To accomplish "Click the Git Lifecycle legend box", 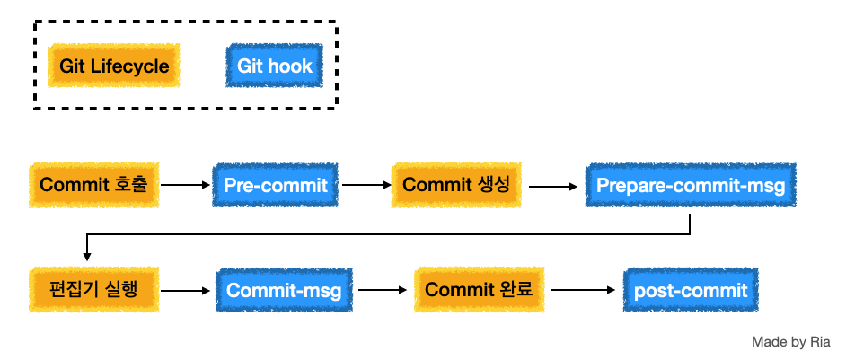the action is pyautogui.click(x=113, y=66).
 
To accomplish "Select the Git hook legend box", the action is pyautogui.click(x=274, y=66).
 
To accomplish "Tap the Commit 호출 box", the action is pyautogui.click(x=94, y=185).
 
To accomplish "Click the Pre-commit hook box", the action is pyautogui.click(x=275, y=185).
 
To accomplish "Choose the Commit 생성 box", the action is pyautogui.click(x=456, y=185).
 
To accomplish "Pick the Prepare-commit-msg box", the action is pyautogui.click(x=691, y=185).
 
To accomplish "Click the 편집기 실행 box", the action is pyautogui.click(x=94, y=289).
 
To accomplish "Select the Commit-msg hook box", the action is pyautogui.click(x=284, y=290).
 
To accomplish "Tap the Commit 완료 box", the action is pyautogui.click(x=479, y=289).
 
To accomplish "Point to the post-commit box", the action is pyautogui.click(x=691, y=290).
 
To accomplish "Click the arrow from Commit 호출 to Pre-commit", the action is pyautogui.click(x=185, y=185).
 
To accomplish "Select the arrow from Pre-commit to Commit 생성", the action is pyautogui.click(x=366, y=185).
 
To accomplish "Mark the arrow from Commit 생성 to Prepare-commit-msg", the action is pyautogui.click(x=553, y=187).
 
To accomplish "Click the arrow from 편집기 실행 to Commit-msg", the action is pyautogui.click(x=185, y=291).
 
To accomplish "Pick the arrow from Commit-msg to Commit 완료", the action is pyautogui.click(x=383, y=290).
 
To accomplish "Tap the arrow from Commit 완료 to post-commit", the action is pyautogui.click(x=583, y=290).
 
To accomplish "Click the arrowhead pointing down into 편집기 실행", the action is pyautogui.click(x=86, y=257).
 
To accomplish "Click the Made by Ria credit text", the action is pyautogui.click(x=791, y=342).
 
